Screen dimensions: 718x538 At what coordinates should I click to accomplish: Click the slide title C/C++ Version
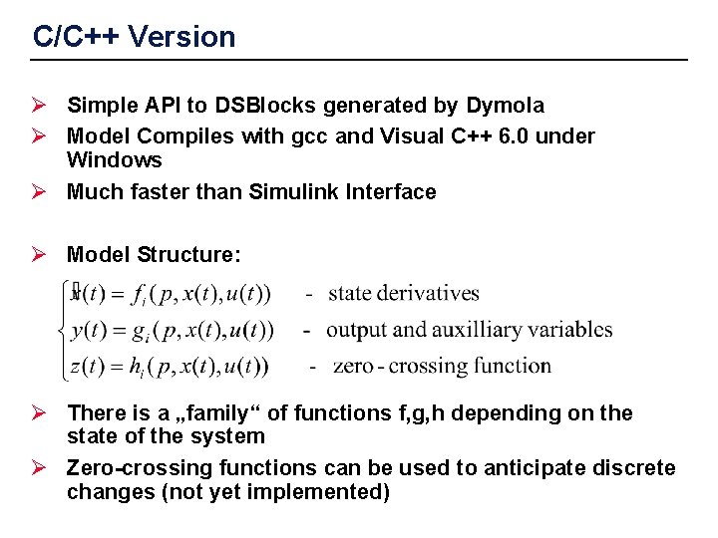(134, 38)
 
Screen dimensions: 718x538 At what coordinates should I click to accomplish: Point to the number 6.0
(509, 136)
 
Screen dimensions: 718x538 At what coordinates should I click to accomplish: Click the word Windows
(114, 160)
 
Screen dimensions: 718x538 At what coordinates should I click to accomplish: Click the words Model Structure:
(154, 255)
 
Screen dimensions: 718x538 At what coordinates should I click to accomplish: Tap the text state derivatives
(403, 293)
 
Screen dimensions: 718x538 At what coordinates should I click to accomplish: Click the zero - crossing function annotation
(442, 366)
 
